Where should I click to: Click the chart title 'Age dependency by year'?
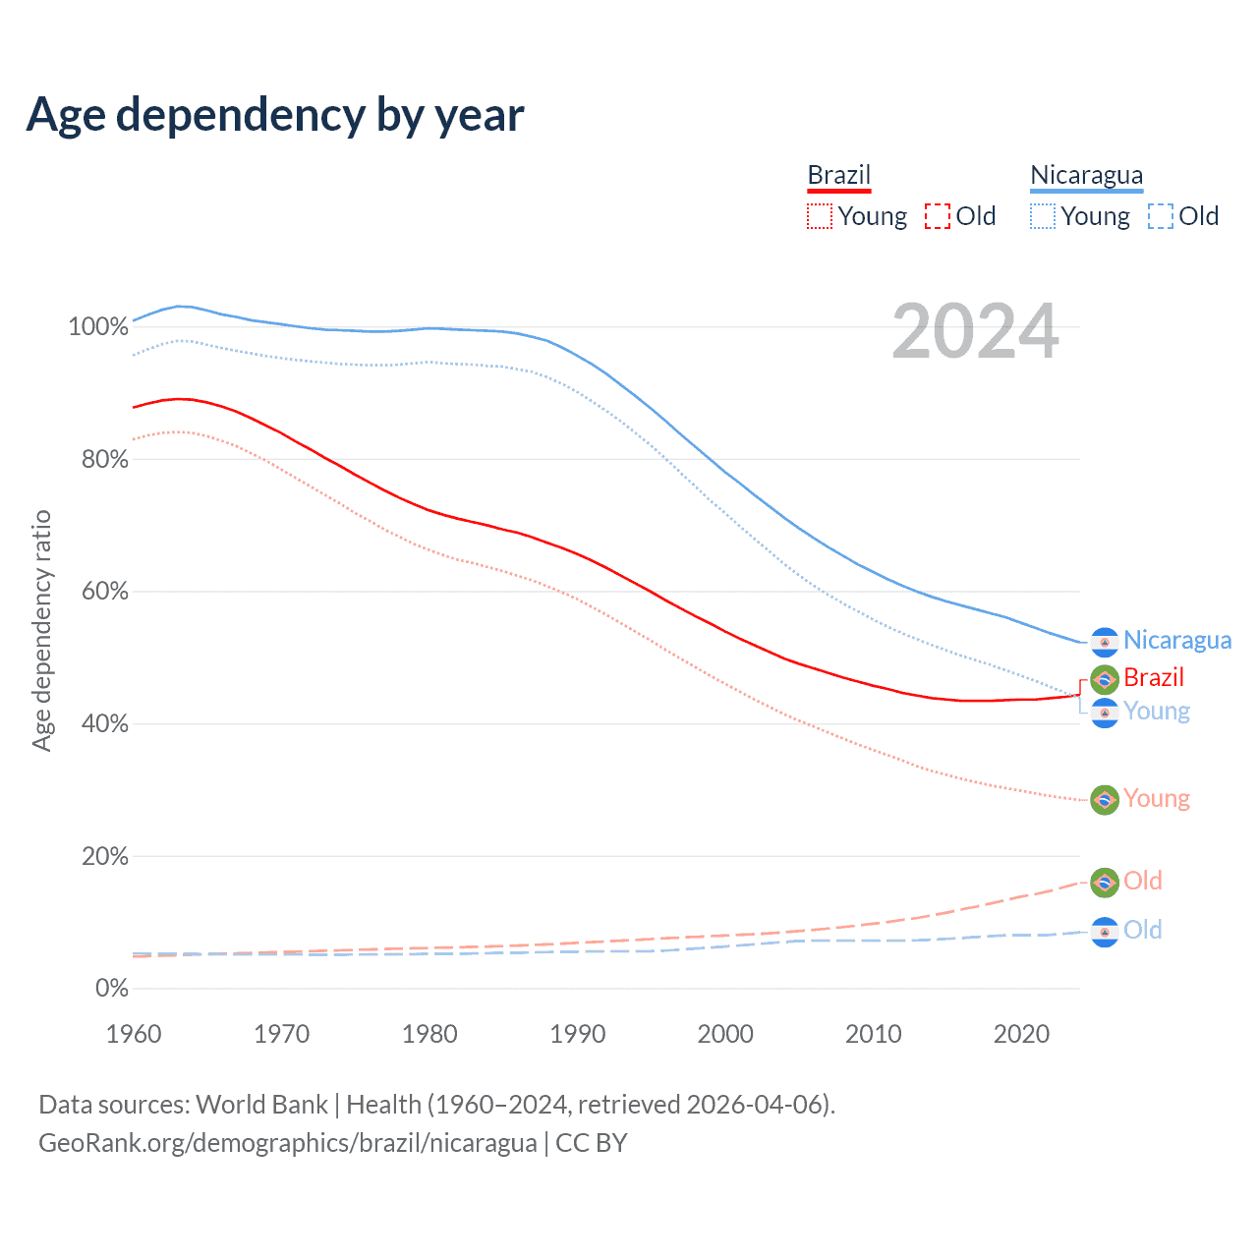[x=275, y=115]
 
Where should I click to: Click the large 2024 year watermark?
[x=975, y=332]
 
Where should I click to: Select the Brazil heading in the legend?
[x=839, y=175]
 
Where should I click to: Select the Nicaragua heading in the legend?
[x=1086, y=175]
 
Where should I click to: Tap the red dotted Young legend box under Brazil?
[x=820, y=216]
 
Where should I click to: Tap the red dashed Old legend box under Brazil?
[x=938, y=216]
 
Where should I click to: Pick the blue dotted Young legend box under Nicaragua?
[x=1043, y=216]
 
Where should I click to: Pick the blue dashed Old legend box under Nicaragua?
[x=1161, y=216]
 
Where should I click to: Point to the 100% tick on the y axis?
[x=98, y=326]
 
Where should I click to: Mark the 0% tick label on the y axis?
[x=112, y=989]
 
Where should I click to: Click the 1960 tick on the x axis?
[x=134, y=1034]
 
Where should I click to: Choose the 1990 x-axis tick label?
[x=578, y=1034]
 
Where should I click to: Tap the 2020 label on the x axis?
[x=1022, y=1034]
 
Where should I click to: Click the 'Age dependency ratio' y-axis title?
[x=41, y=630]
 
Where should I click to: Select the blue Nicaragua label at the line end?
[x=1177, y=641]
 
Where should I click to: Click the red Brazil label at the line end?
[x=1154, y=678]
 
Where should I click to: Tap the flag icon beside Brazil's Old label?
[x=1105, y=883]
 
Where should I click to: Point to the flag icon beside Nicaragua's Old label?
[x=1105, y=932]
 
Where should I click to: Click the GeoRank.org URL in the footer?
[x=288, y=1143]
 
